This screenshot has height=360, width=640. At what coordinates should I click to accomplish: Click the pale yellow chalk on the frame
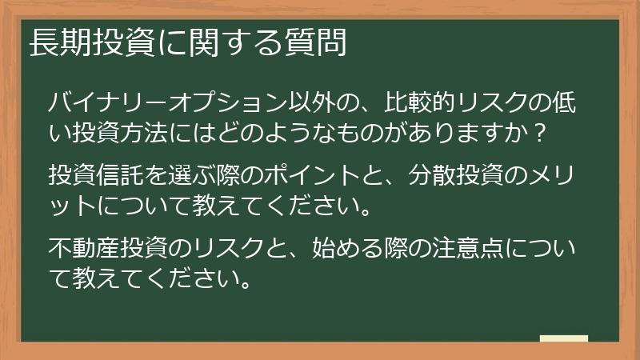tap(563, 338)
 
